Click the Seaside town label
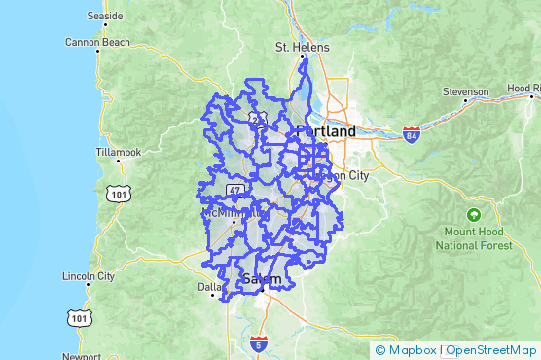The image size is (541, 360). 105,17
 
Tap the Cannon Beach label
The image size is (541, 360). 97,42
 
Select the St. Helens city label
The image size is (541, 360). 303,47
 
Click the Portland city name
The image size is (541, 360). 326,130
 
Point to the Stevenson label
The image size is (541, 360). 465,91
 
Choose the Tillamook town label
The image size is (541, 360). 119,153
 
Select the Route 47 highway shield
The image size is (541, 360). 236,188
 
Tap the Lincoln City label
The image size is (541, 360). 89,276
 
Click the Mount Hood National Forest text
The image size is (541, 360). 473,239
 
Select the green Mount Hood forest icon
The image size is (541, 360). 473,214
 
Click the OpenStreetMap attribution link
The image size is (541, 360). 490,350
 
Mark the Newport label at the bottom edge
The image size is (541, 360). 81,356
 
